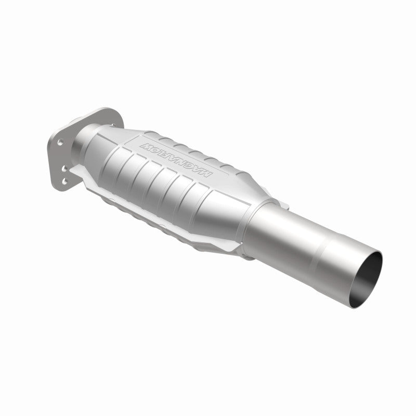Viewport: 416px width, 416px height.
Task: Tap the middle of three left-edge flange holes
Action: click(x=63, y=167)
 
